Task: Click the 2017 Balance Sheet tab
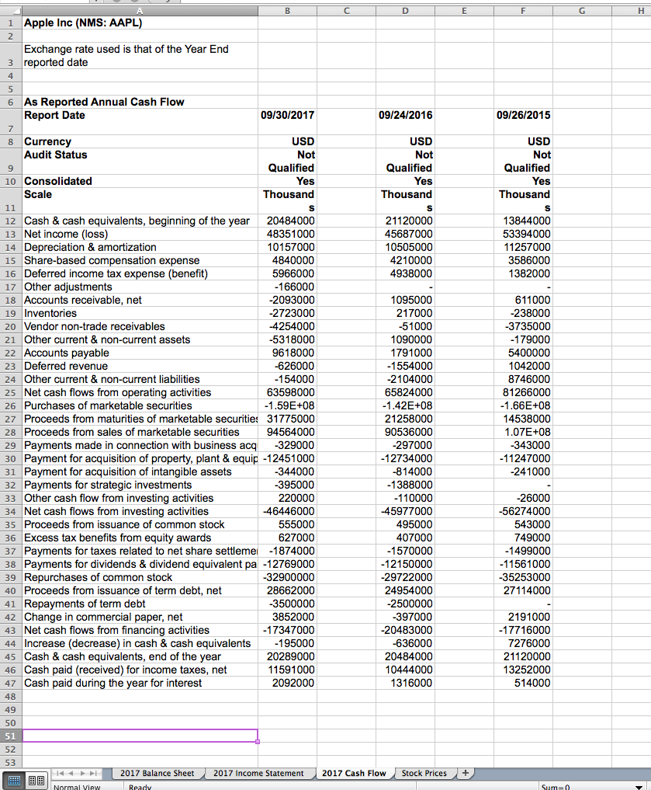coord(157,773)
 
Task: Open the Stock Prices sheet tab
coord(424,773)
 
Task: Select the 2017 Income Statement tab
coord(258,773)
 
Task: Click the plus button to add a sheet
coord(466,773)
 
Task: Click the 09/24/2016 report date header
coord(406,115)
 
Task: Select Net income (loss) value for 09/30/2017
coord(290,234)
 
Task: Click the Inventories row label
coord(50,313)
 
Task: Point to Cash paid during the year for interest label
coord(113,683)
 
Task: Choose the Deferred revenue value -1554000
coord(409,366)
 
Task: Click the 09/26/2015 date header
coord(524,115)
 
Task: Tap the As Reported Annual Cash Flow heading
coord(104,102)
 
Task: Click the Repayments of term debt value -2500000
coord(409,604)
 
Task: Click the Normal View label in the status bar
coord(77,785)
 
